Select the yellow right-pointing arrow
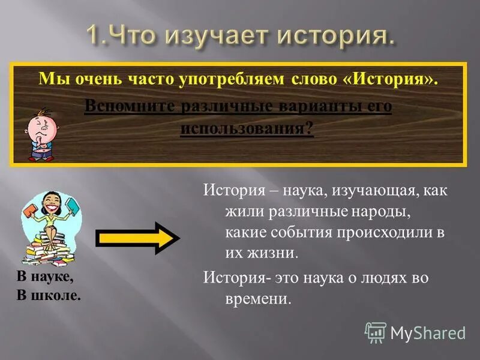139,238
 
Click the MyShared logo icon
376,332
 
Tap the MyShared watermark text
428,332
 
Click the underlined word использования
246,128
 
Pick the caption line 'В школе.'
49,296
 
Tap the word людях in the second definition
379,278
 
